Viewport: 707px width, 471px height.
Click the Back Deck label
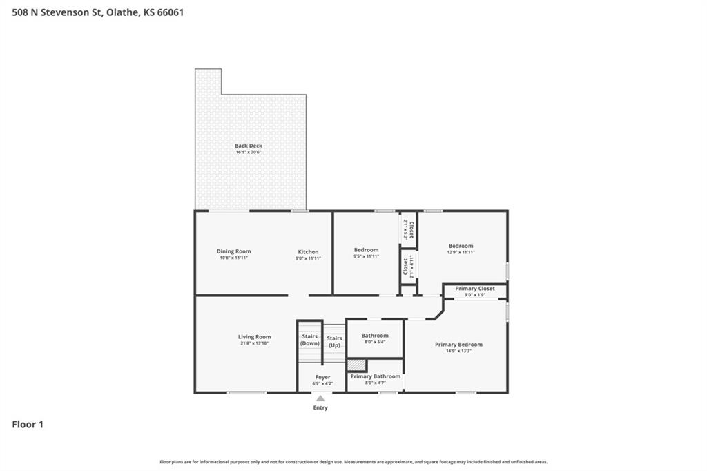(x=249, y=146)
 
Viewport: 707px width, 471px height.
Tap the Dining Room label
(x=233, y=251)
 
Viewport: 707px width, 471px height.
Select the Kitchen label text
(x=308, y=252)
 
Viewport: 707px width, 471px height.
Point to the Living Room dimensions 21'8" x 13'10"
(x=254, y=343)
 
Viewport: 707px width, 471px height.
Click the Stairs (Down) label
(x=310, y=340)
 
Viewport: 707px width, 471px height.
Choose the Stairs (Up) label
(x=335, y=342)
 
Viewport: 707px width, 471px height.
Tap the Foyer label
(x=323, y=377)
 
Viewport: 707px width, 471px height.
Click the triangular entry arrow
(x=320, y=398)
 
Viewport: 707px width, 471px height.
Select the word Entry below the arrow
(x=320, y=408)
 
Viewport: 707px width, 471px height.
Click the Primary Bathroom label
(x=376, y=376)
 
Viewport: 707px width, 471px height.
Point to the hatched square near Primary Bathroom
(x=357, y=365)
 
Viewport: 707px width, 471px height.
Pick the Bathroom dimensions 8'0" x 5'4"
(x=375, y=342)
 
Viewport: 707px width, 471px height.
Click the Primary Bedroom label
(x=458, y=344)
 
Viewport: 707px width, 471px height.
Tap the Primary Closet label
(x=475, y=288)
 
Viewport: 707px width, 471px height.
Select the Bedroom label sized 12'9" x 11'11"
(x=461, y=246)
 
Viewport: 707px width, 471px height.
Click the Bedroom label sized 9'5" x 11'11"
(x=366, y=250)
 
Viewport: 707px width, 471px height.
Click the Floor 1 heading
(x=28, y=425)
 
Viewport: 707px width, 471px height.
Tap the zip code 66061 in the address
(x=171, y=12)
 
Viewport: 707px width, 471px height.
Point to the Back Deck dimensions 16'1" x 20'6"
(x=249, y=152)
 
